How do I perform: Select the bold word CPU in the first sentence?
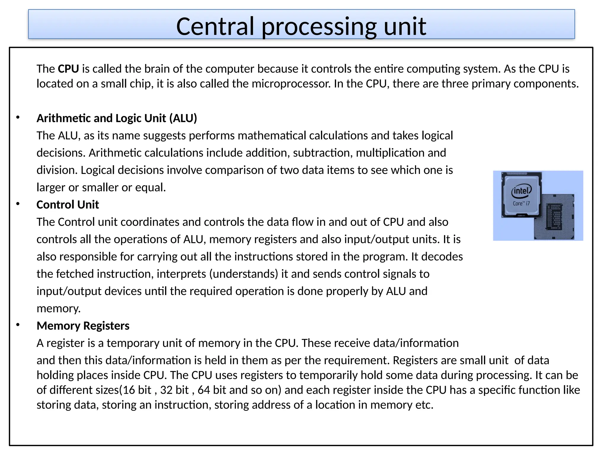68,69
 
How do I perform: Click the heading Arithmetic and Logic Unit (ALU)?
117,118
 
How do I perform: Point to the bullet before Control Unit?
18,204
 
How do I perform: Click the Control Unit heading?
68,205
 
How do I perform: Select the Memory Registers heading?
83,326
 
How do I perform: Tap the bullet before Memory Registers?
18,325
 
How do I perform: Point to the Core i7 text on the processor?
521,204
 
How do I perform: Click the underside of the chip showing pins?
554,219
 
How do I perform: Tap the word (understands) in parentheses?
244,274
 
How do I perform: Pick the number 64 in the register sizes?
204,390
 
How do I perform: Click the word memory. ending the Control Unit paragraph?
59,309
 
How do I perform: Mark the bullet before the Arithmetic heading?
18,117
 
